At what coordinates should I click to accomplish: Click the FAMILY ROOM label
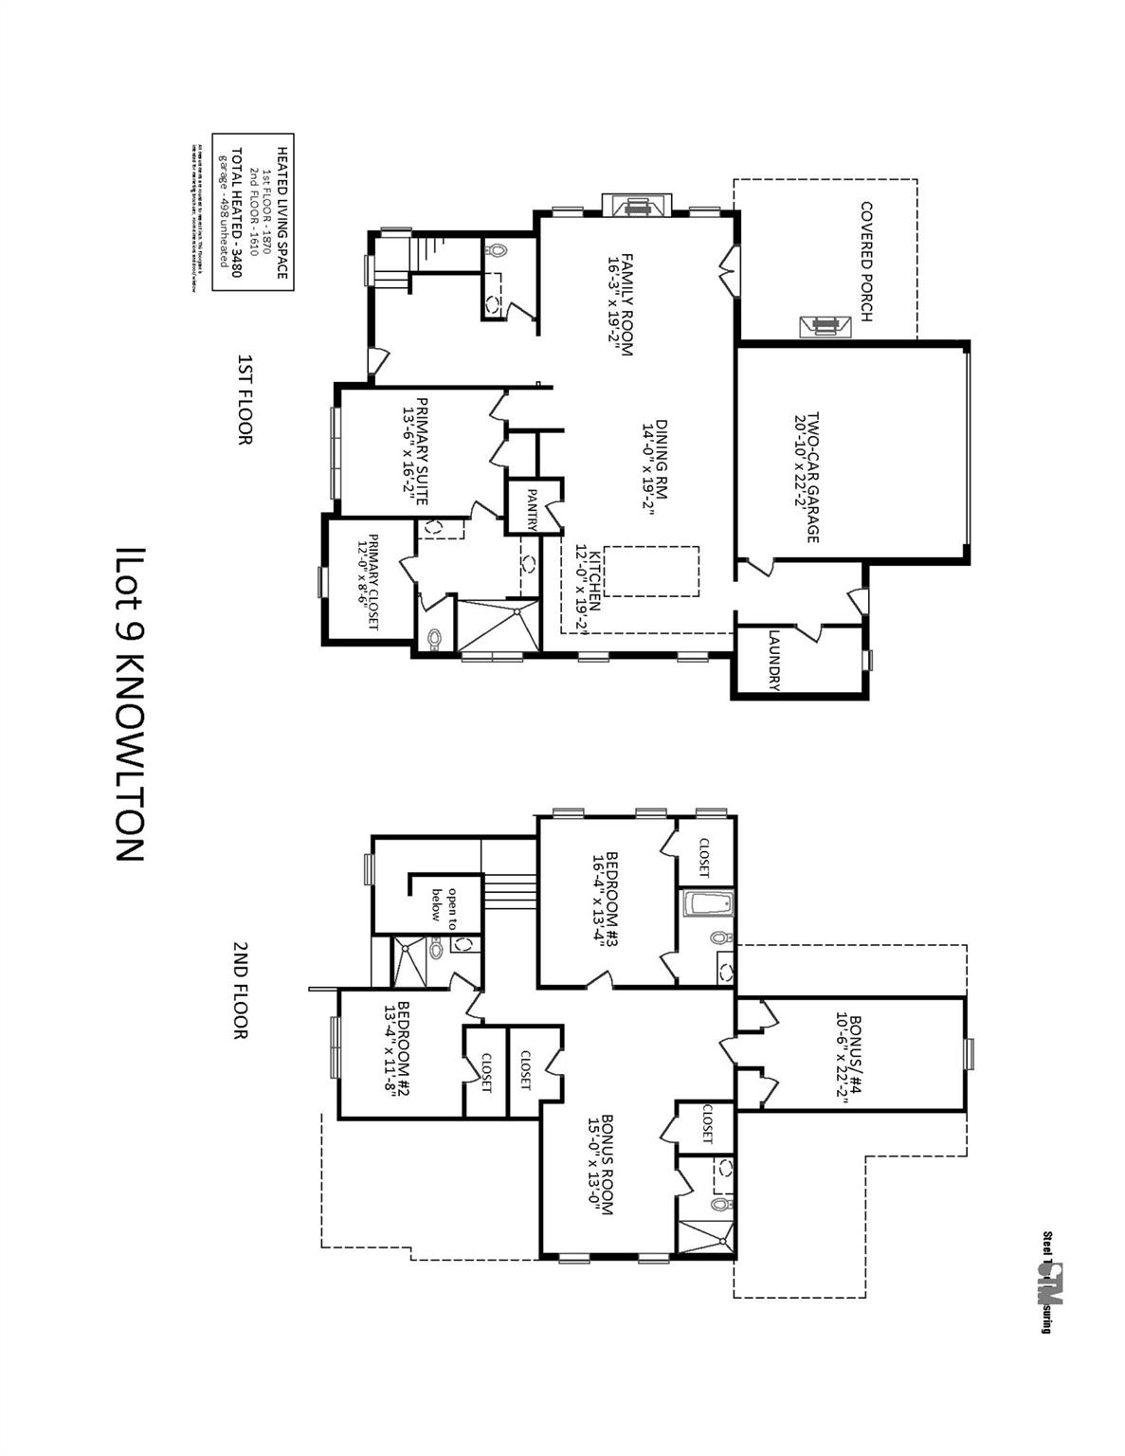click(618, 304)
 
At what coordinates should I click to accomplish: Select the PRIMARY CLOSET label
click(368, 582)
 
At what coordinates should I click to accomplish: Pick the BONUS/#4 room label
click(848, 1052)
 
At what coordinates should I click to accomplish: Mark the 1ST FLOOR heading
click(245, 399)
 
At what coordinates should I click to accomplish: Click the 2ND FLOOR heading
click(241, 991)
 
